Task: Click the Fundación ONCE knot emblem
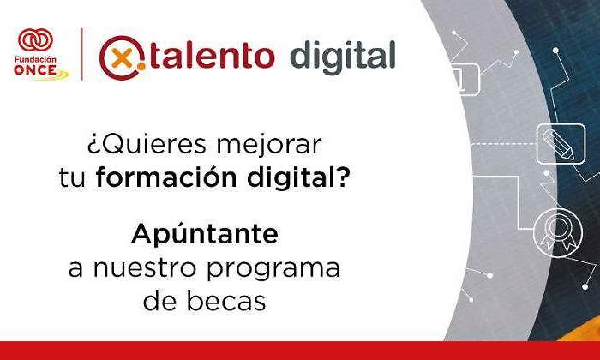click(35, 40)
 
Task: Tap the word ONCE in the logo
click(35, 70)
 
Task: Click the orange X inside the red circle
click(122, 59)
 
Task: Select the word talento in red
click(213, 57)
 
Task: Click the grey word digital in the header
click(343, 57)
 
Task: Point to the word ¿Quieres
click(147, 145)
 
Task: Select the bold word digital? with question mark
click(298, 178)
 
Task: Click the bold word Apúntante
click(205, 233)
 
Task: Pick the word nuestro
click(145, 268)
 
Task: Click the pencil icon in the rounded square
click(561, 144)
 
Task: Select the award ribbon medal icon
click(558, 232)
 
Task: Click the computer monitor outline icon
click(465, 79)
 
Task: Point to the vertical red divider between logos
click(82, 54)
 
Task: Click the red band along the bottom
click(300, 351)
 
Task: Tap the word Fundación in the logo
click(35, 60)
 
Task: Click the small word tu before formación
click(72, 178)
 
